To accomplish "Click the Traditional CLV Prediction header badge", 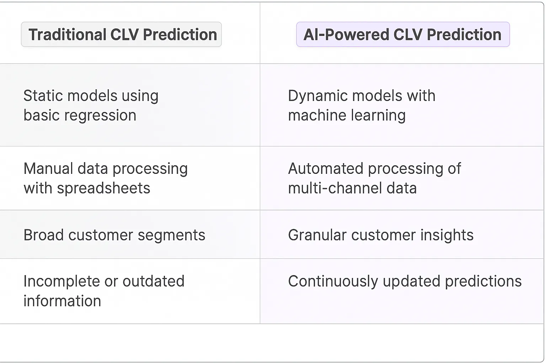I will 121,34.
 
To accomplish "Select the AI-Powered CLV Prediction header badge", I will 403,34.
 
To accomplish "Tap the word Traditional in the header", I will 68,34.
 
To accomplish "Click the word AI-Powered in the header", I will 346,34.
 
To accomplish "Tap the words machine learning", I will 347,116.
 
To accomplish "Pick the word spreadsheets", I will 103,188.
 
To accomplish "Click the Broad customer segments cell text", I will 114,235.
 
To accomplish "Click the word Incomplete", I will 61,281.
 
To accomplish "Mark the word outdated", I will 153,281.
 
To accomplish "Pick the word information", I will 62,301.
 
